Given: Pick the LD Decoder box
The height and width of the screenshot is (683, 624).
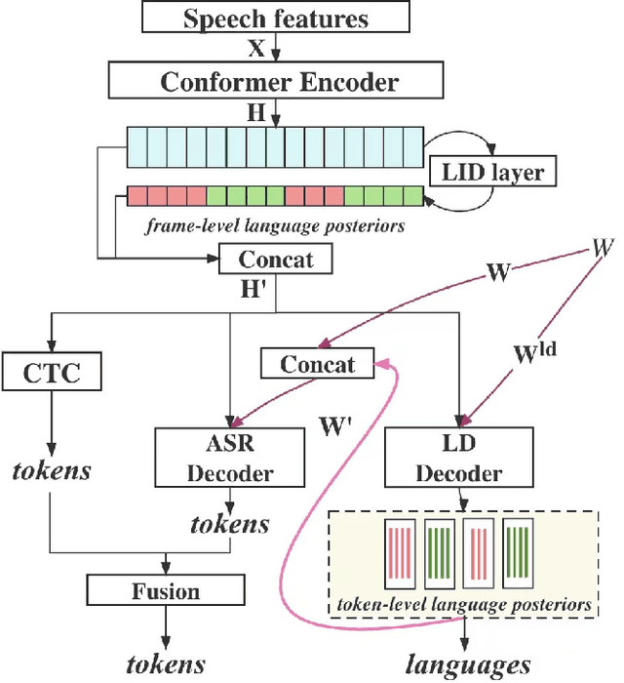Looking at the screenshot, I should point(458,461).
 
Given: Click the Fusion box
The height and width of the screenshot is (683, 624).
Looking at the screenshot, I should point(166,591).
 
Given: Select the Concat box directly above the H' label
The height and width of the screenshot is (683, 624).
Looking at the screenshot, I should point(277,259).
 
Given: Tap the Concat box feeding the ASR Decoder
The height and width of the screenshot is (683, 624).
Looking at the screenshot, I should point(316,365).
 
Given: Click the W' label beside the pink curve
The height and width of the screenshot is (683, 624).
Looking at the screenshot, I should point(338,426).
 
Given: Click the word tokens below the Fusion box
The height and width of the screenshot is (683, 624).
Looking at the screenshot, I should point(166,665).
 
